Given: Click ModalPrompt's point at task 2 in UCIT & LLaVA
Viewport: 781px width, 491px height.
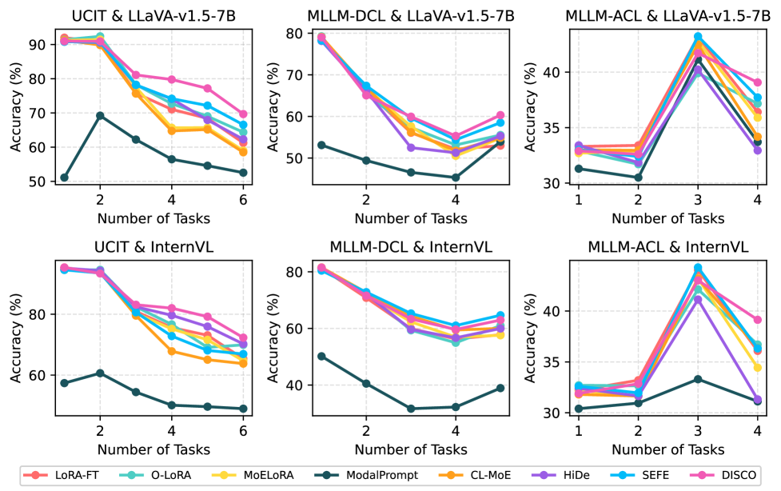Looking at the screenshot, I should coord(100,115).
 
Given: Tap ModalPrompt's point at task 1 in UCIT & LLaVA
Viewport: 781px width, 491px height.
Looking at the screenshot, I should coord(64,178).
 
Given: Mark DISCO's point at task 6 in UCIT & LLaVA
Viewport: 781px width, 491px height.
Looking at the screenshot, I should coord(243,114).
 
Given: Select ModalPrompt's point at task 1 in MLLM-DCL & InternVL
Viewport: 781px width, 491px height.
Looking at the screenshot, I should coord(321,356).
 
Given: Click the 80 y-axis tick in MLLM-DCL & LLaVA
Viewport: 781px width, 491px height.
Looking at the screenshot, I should coord(298,34).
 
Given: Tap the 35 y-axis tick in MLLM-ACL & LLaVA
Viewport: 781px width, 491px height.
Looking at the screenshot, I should coord(556,128).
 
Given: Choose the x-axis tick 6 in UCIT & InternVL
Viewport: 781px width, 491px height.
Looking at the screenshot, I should coord(243,430).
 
